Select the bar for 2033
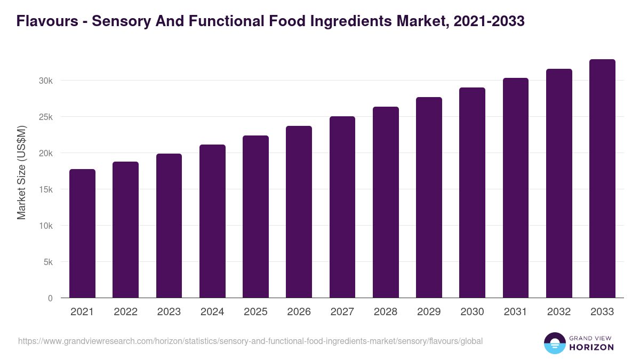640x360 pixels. [602, 179]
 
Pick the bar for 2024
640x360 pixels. [212, 221]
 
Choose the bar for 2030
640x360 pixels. [472, 193]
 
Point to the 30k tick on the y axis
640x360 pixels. [46, 81]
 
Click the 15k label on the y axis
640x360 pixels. [46, 189]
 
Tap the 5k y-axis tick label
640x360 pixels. [48, 262]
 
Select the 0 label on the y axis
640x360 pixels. [50, 298]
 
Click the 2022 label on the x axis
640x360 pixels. [125, 312]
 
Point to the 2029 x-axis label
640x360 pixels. [429, 312]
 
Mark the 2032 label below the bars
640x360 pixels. [559, 312]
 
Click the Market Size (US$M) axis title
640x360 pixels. [21, 173]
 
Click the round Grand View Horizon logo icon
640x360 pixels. [555, 343]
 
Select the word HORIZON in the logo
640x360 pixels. [592, 347]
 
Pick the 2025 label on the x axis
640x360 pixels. [255, 312]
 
